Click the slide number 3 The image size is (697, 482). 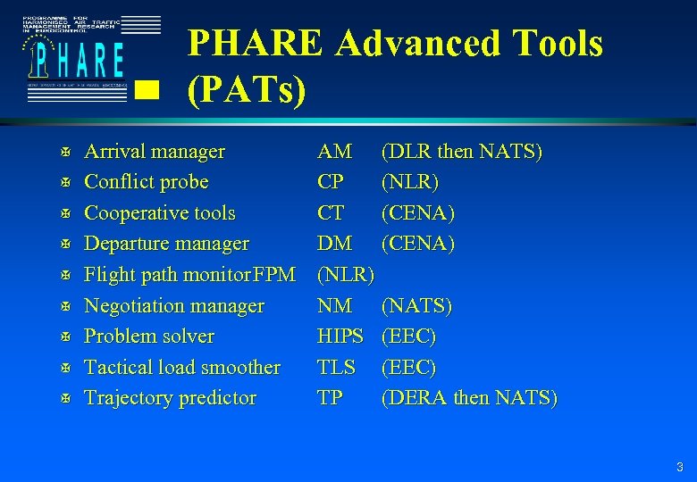[x=680, y=467]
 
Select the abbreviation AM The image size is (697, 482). [x=334, y=152]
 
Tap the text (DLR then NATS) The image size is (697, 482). [x=461, y=152]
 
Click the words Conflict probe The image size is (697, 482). [x=146, y=182]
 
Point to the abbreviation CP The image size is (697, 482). [x=330, y=182]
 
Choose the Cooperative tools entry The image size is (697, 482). [x=159, y=213]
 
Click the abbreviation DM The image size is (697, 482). [x=334, y=244]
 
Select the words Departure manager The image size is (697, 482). [x=166, y=244]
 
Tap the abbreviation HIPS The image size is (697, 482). [x=340, y=337]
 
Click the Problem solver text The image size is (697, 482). [x=148, y=337]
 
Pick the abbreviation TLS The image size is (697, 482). [x=336, y=368]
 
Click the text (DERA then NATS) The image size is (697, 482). [x=468, y=398]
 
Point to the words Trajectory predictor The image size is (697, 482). [x=170, y=398]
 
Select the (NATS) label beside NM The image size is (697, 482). [x=416, y=306]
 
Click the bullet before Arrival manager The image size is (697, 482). [x=55, y=153]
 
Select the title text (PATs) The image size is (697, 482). [x=247, y=88]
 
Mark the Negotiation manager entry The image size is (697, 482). [x=173, y=306]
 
